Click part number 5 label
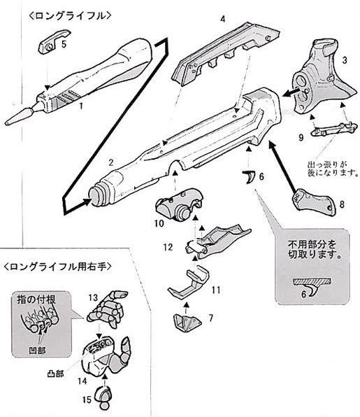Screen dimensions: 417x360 (x=64, y=43)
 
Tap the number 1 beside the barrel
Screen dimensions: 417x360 (x=82, y=106)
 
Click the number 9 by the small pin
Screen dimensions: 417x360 (x=301, y=139)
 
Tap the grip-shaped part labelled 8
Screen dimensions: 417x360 (x=310, y=201)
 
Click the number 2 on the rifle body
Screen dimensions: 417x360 (x=110, y=162)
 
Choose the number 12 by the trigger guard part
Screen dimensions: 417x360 (x=168, y=248)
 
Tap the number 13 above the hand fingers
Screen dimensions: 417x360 (x=92, y=297)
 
